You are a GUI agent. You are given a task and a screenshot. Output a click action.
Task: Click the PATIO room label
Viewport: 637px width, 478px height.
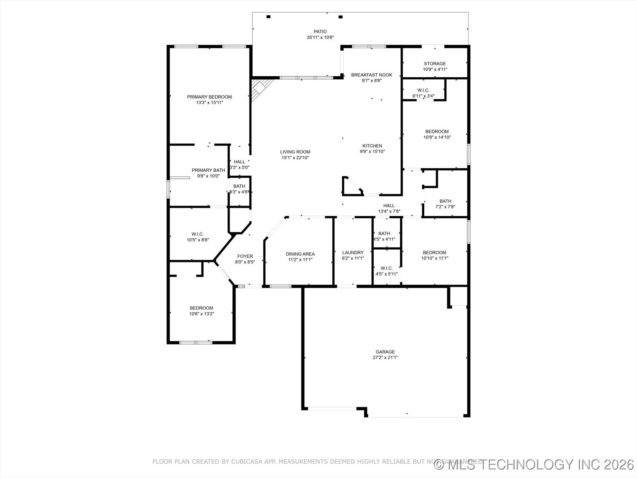(x=320, y=32)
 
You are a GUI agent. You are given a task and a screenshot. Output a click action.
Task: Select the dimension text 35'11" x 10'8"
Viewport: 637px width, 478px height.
(x=320, y=38)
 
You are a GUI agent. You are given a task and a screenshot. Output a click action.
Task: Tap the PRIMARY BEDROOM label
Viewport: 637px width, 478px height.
(x=209, y=97)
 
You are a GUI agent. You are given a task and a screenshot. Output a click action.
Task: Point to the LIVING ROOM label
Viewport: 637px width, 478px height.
(x=295, y=152)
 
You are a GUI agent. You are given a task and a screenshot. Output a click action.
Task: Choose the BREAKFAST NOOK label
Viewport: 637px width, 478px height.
(x=372, y=75)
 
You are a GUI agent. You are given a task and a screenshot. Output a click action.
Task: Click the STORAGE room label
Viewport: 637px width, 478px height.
(x=435, y=64)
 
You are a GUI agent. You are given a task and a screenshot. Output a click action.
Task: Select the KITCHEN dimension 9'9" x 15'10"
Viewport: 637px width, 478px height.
(x=372, y=152)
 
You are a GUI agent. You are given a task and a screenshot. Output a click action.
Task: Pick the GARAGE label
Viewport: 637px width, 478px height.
(x=385, y=352)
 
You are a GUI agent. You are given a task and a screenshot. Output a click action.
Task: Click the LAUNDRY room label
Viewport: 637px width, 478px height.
(x=353, y=253)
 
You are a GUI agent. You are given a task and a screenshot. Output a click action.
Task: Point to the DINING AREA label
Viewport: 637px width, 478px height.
(x=300, y=254)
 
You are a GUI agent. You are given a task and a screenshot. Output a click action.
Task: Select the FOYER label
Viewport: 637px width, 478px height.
(x=245, y=256)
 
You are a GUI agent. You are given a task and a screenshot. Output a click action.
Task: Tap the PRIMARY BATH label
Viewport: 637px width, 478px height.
(x=208, y=170)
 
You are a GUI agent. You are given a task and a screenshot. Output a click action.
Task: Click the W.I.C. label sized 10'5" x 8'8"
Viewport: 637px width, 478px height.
(x=197, y=234)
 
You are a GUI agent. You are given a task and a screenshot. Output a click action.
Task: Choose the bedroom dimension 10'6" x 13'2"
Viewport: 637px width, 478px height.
(x=201, y=314)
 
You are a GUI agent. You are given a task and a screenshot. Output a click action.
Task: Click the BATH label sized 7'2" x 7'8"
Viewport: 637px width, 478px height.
(x=445, y=201)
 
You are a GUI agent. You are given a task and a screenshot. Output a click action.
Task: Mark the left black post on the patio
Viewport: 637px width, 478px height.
(x=268, y=17)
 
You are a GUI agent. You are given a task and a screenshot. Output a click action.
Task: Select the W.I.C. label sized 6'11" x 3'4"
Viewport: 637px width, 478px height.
(x=423, y=90)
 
